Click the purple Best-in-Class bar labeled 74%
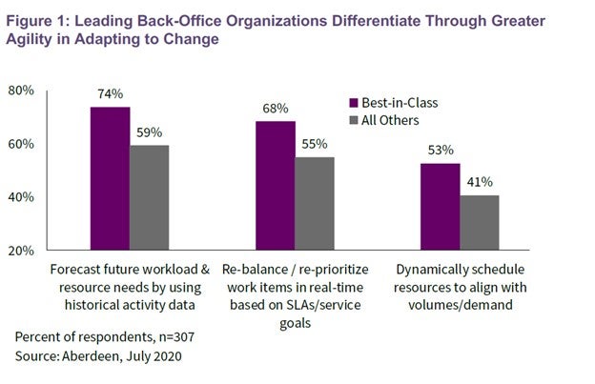click(x=110, y=178)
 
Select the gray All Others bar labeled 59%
click(x=149, y=197)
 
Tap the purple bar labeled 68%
click(x=276, y=186)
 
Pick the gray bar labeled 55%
click(x=315, y=203)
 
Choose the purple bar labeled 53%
click(x=441, y=206)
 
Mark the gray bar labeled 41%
click(x=480, y=222)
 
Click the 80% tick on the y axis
click(x=22, y=91)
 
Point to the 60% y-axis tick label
click(x=22, y=144)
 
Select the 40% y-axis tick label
click(x=22, y=197)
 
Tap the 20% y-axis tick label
click(x=22, y=251)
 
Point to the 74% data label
click(x=110, y=94)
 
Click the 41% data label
click(x=480, y=182)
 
